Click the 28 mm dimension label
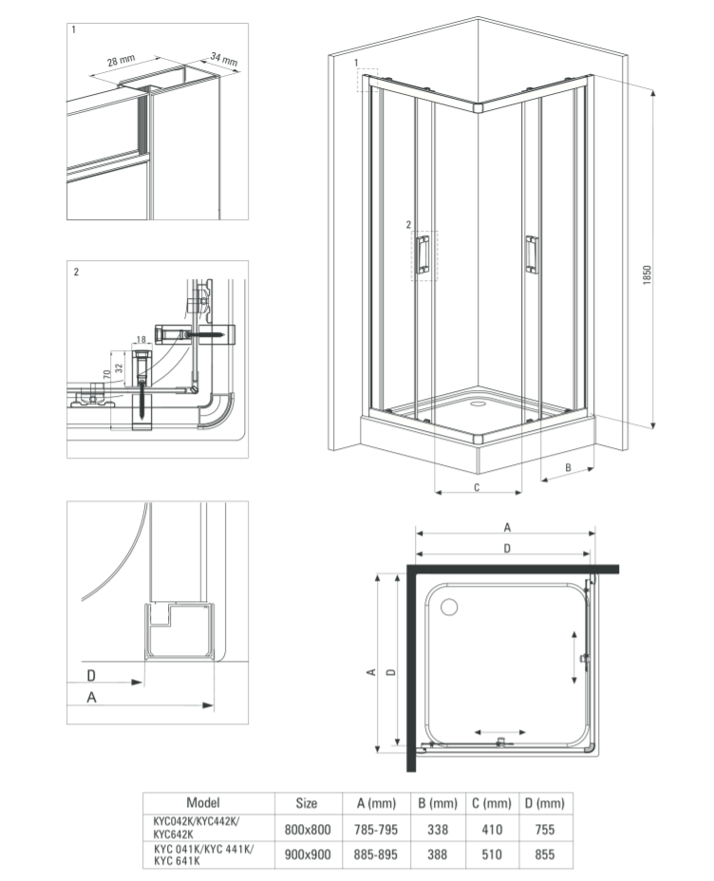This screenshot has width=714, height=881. coord(120,62)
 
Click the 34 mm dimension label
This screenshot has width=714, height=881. coord(224,63)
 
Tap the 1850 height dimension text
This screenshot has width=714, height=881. coord(647,276)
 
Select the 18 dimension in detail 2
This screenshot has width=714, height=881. coord(141,340)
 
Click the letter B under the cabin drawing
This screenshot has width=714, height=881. coord(566,467)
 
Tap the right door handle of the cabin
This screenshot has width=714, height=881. coord(532,253)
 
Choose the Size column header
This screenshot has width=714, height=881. coord(307,803)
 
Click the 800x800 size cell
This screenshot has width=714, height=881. coord(307,828)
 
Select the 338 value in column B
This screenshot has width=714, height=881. coord(438,828)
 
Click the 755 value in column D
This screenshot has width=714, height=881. coord(545,828)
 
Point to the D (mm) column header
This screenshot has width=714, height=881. coord(545,803)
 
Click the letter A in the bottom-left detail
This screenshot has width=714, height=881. coord(91,697)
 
